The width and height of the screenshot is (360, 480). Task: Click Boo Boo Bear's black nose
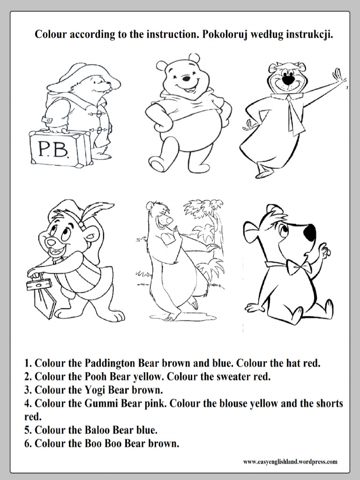pyautogui.click(x=309, y=232)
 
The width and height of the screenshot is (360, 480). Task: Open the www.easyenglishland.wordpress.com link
pyautogui.click(x=290, y=462)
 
